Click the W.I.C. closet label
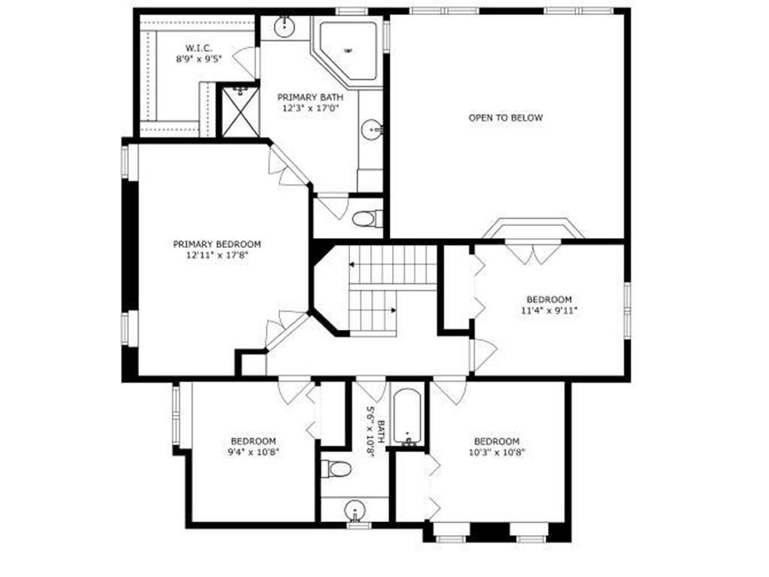click(x=198, y=48)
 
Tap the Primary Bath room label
click(x=310, y=97)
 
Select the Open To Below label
click(x=505, y=118)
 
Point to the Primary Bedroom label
click(x=217, y=244)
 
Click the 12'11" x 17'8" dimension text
click(x=217, y=255)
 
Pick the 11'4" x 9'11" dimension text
click(x=549, y=310)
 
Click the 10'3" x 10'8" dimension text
click(x=496, y=452)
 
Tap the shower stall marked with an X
click(x=240, y=113)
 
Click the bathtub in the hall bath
click(x=406, y=418)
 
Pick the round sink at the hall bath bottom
click(x=354, y=511)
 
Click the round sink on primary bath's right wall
click(x=372, y=130)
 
